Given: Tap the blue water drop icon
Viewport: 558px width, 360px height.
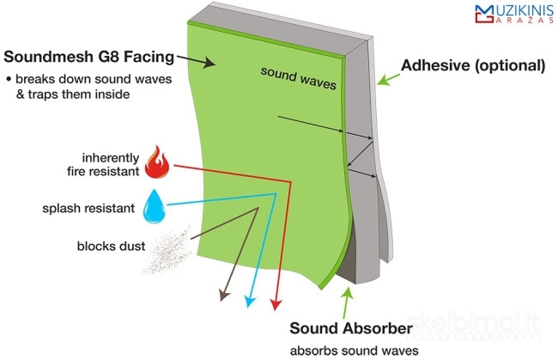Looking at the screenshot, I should tap(155, 207).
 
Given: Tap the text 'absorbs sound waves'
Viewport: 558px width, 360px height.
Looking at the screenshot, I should tap(355, 350).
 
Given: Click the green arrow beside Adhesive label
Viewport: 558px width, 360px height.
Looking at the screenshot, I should tap(389, 80).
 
